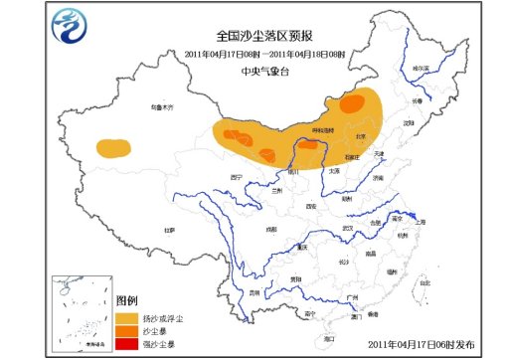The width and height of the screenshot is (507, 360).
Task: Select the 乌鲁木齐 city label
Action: [x=149, y=106]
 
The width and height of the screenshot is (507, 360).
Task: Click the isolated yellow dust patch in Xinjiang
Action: [x=113, y=148]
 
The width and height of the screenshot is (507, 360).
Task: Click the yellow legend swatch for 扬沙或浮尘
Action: [x=127, y=317]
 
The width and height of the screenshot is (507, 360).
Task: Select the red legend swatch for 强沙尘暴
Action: [x=127, y=344]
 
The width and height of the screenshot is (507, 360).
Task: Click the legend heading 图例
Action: [x=126, y=299]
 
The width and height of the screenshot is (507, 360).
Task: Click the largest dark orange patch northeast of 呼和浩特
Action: [x=351, y=103]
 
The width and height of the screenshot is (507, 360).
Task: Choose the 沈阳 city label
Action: [x=408, y=123]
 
